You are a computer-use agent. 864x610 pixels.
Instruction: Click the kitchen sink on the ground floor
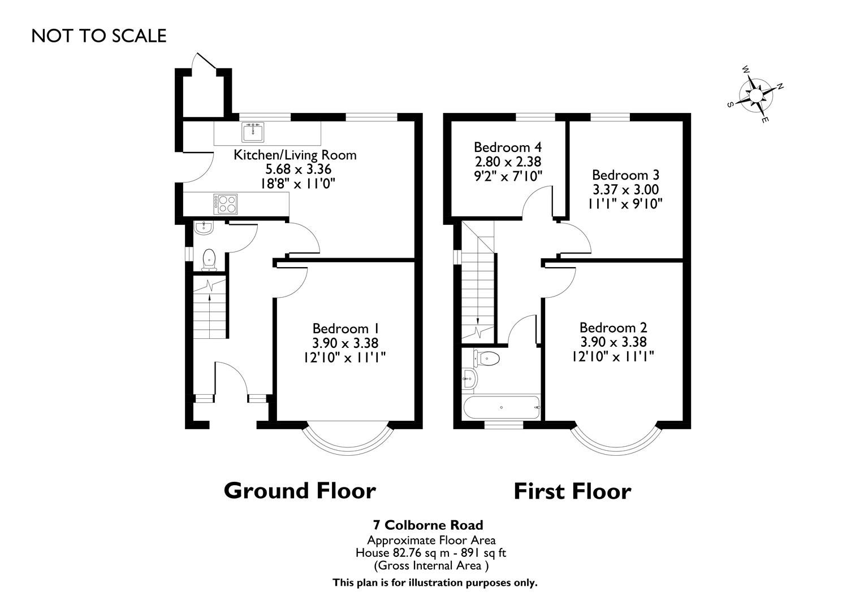[x=253, y=132]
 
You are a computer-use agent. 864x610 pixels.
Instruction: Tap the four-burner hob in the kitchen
[x=227, y=203]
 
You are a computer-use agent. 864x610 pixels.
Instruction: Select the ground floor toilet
[x=209, y=259]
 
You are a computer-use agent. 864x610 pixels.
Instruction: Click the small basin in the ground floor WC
[x=202, y=228]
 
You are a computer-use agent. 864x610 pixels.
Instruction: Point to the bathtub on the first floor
[x=501, y=407]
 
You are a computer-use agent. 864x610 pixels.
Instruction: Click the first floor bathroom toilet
[x=487, y=358]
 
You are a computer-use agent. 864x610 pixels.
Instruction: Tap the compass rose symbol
[x=755, y=94]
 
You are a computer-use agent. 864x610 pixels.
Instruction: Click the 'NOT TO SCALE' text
[x=99, y=36]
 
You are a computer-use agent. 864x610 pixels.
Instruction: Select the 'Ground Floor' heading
[x=300, y=490]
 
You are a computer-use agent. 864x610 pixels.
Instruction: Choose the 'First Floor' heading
[x=572, y=491]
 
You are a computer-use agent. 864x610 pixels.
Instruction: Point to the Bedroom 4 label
[x=508, y=147]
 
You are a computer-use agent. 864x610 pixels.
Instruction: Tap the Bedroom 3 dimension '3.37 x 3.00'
[x=625, y=189]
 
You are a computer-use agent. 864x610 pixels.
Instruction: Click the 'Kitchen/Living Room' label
[x=295, y=155]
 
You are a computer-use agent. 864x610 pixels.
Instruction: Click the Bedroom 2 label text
[x=614, y=328]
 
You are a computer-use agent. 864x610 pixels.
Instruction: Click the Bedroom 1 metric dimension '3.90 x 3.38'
[x=345, y=342]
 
